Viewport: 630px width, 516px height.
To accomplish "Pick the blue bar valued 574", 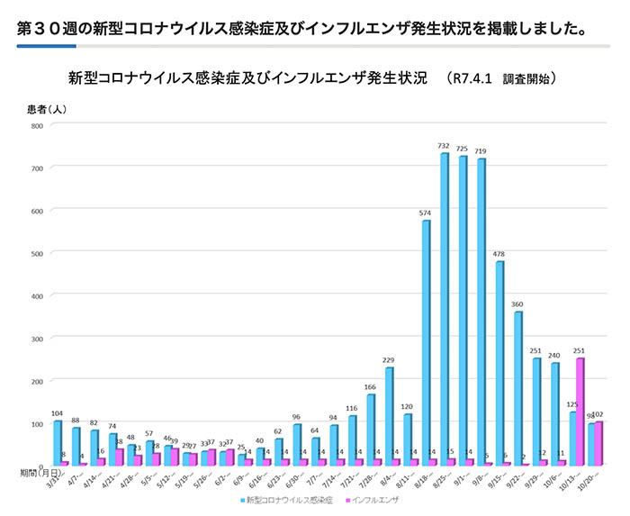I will click(426, 342).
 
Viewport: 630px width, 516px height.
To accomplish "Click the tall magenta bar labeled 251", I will click(580, 412).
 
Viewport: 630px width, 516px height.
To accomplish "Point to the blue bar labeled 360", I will click(518, 388).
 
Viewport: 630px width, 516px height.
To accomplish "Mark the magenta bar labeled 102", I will click(598, 443).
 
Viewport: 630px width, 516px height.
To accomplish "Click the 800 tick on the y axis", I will click(37, 125).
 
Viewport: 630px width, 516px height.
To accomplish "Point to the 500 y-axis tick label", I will click(37, 253).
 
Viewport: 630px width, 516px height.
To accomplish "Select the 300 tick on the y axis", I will click(37, 338).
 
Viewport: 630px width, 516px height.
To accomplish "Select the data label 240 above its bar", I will click(554, 355).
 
